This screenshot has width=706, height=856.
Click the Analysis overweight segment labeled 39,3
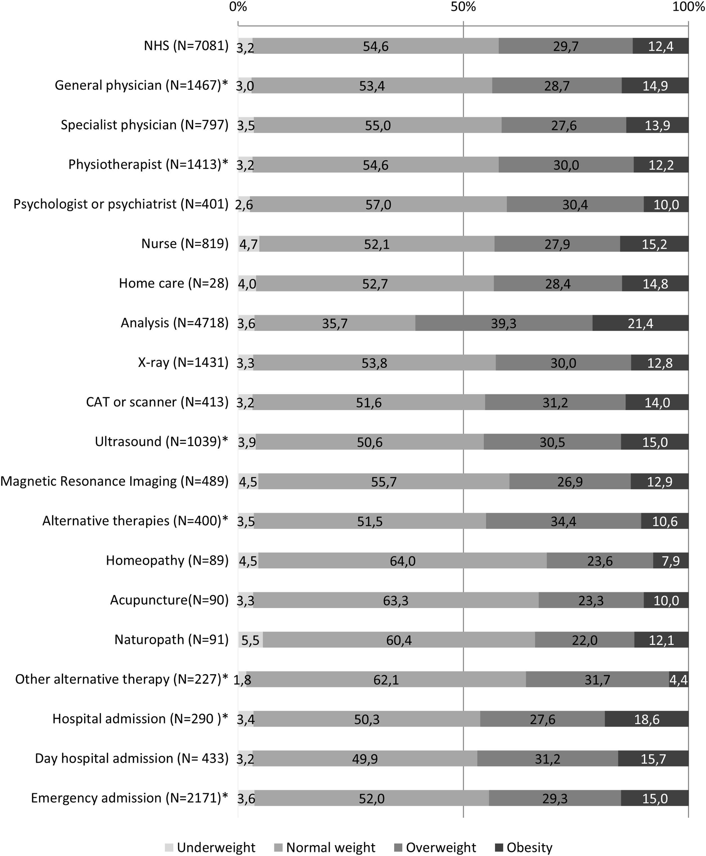pos(504,323)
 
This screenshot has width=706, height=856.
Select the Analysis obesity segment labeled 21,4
pos(640,323)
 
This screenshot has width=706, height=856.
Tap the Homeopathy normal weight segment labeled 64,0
pos(402,561)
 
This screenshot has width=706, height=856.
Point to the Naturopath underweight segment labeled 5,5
pos(250,640)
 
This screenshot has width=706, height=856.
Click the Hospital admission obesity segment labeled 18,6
pos(647,719)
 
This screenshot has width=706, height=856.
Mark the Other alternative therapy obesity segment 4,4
pos(678,679)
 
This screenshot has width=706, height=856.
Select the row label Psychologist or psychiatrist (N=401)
pos(121,204)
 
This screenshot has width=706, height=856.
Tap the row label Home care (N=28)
pos(174,283)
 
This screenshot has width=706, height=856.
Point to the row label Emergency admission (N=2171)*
pos(129,798)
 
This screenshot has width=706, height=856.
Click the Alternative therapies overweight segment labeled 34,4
pos(563,521)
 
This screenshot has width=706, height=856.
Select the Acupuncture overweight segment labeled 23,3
pos(591,600)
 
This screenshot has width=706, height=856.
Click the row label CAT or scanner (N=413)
pos(157,402)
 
